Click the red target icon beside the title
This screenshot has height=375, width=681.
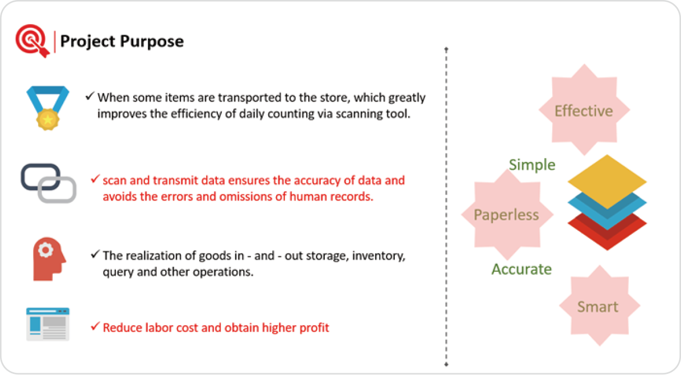pos(32,41)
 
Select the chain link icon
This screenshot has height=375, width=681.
pos(48,183)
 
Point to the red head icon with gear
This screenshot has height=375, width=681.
pos(49,259)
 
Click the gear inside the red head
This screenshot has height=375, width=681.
pos(45,250)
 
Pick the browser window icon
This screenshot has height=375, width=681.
pos(48,324)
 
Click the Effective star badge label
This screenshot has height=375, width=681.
pos(584,111)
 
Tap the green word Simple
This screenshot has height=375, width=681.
pos(532,165)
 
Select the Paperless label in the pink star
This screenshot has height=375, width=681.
pos(506,215)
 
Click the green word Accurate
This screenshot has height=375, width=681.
pos(521,270)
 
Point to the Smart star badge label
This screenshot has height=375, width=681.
pos(598,307)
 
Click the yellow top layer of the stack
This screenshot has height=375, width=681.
pos(607,182)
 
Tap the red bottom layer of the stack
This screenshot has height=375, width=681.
pos(607,235)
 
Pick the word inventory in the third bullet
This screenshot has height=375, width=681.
pos(379,256)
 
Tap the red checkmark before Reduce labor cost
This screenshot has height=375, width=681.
pos(95,326)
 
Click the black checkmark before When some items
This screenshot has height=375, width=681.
pos(90,96)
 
